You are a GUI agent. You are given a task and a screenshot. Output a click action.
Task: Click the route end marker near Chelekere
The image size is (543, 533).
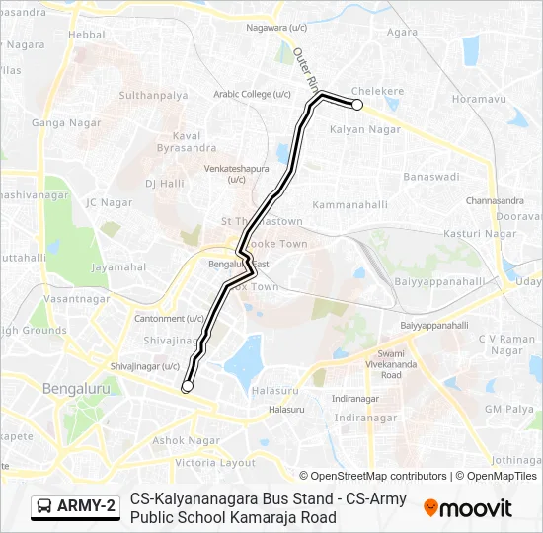[357, 104]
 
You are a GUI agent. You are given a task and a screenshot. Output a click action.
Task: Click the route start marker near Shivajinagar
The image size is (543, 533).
[188, 386]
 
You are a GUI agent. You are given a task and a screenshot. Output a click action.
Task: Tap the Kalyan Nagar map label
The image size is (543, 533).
[364, 129]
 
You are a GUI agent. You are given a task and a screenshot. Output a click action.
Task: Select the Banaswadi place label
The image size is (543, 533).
[431, 177]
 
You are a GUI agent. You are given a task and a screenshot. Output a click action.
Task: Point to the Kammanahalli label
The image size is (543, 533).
[345, 204]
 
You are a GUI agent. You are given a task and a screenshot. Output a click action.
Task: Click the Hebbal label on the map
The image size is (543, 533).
[88, 34]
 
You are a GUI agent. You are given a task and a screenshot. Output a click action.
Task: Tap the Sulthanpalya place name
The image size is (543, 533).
[153, 96]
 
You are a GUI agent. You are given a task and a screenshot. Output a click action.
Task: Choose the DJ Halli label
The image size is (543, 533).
[165, 183]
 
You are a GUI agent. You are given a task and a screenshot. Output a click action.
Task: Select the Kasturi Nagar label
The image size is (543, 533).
[481, 233]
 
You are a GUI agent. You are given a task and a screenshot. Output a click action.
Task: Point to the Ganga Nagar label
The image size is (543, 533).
[61, 123]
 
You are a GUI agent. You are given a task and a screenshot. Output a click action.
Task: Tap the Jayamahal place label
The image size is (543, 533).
[117, 266]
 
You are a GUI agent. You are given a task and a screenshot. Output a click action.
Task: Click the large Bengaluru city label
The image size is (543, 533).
[80, 389]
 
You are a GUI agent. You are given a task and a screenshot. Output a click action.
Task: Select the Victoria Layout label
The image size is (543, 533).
[215, 462]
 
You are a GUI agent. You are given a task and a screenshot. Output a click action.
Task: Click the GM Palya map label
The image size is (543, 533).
[507, 408]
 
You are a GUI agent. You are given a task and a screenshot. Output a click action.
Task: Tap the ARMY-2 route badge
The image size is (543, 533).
[74, 506]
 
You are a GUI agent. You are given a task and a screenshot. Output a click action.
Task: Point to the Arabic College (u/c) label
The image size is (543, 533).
[253, 94]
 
